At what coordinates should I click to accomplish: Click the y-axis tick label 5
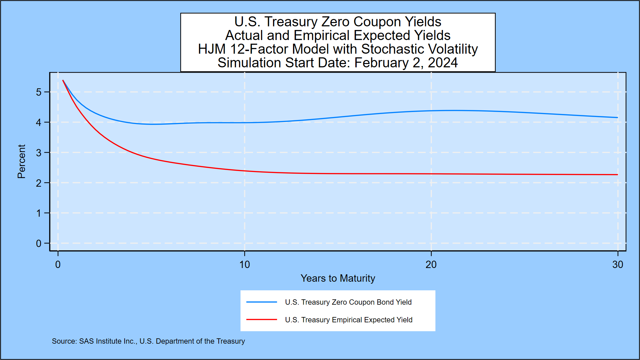tap(39, 92)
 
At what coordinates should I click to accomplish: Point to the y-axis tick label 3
tap(39, 153)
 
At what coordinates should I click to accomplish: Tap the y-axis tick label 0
tap(39, 244)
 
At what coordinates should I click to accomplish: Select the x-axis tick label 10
tap(244, 265)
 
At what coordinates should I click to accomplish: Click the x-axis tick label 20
tap(431, 265)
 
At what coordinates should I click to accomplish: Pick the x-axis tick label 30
tap(617, 265)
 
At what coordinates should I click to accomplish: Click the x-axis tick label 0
tap(58, 265)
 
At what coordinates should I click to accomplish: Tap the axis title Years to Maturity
tap(338, 278)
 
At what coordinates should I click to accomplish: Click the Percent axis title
tap(21, 161)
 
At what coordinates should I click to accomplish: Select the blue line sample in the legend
tap(262, 302)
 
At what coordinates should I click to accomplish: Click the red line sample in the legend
tap(262, 320)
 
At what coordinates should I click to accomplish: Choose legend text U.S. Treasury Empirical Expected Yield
tap(348, 320)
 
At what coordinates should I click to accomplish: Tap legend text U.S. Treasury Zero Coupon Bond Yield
tap(348, 302)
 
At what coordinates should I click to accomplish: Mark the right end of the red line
tap(617, 175)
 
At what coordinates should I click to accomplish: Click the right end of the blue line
tap(617, 117)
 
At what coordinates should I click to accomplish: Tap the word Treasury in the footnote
tap(230, 341)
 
